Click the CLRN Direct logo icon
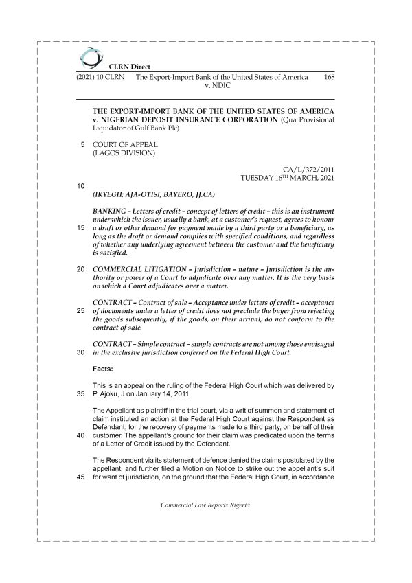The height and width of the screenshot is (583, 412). (89, 57)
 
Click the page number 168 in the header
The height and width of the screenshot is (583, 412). (328, 78)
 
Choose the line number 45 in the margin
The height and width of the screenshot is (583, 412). (81, 479)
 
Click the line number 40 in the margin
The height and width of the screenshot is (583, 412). (81, 436)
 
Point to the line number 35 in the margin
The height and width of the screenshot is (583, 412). (81, 394)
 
